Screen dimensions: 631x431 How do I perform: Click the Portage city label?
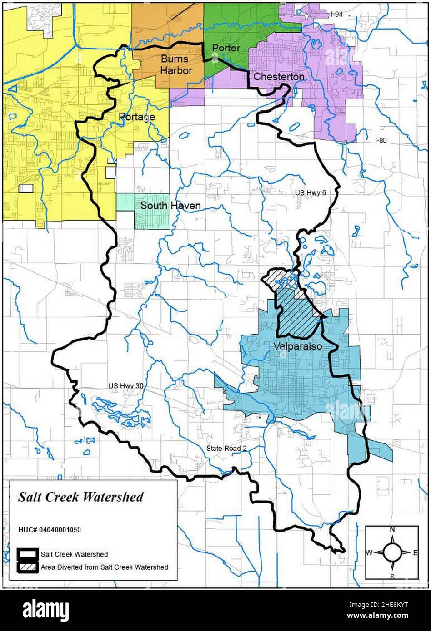(137, 117)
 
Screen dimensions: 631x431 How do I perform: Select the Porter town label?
(226, 48)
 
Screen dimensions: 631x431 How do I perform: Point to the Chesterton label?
(278, 77)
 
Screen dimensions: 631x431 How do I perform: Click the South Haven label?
(170, 206)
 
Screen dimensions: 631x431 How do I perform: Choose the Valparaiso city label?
(298, 346)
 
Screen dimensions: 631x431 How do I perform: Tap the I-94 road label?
(336, 15)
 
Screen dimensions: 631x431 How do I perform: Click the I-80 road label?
(381, 140)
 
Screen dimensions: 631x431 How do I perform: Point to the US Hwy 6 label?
(311, 193)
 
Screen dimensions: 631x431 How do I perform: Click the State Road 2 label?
(226, 448)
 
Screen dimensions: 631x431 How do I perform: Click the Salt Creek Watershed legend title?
(80, 497)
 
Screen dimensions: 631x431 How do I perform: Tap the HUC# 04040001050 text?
(50, 530)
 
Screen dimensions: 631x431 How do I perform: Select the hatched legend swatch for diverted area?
(27, 567)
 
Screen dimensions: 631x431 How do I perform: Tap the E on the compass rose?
(415, 552)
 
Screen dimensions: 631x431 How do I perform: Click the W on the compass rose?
(370, 552)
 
